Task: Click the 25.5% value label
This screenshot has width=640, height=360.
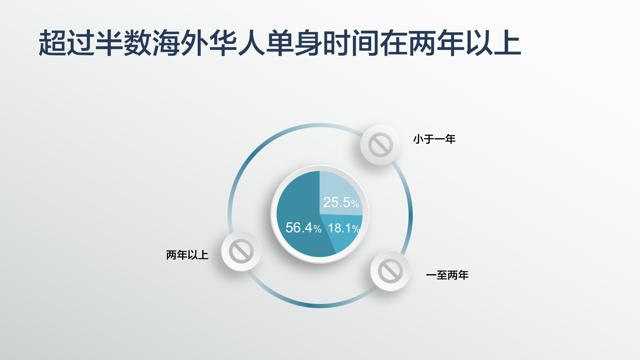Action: click(341, 202)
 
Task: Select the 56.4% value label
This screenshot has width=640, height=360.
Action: click(303, 228)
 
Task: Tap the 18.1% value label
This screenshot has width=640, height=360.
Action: click(344, 228)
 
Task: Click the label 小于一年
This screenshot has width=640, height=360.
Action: click(434, 139)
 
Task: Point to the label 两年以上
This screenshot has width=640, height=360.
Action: click(187, 255)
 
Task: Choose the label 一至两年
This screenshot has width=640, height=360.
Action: click(447, 275)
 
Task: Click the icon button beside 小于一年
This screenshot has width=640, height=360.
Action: click(380, 145)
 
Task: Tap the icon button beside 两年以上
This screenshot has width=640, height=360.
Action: click(241, 251)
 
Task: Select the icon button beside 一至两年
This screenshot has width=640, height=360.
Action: click(390, 271)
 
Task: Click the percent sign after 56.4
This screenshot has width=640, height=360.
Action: click(317, 229)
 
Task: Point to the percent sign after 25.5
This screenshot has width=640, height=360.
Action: click(355, 204)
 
